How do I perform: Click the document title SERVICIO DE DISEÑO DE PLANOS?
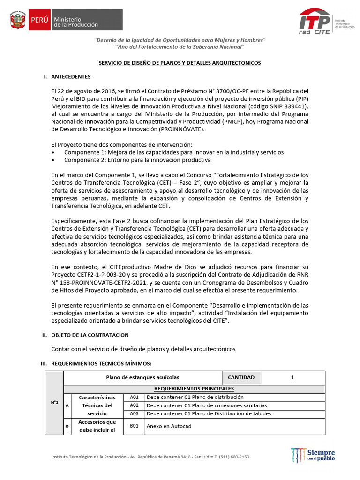coord(179,62)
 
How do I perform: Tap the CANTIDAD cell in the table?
coord(241,377)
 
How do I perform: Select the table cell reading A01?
coord(135,397)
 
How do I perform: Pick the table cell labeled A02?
coord(135,405)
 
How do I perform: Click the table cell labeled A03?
coord(135,413)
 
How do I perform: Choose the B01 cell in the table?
coord(135,426)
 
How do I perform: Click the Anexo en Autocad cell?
coord(169,426)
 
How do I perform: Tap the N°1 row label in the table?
coord(54,402)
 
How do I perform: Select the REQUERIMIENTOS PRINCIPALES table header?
coord(194,389)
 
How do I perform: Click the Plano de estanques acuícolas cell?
coord(142,377)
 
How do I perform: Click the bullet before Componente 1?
coord(54,153)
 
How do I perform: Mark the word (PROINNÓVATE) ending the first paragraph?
coord(182,129)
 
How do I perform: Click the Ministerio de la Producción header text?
coord(76,21)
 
